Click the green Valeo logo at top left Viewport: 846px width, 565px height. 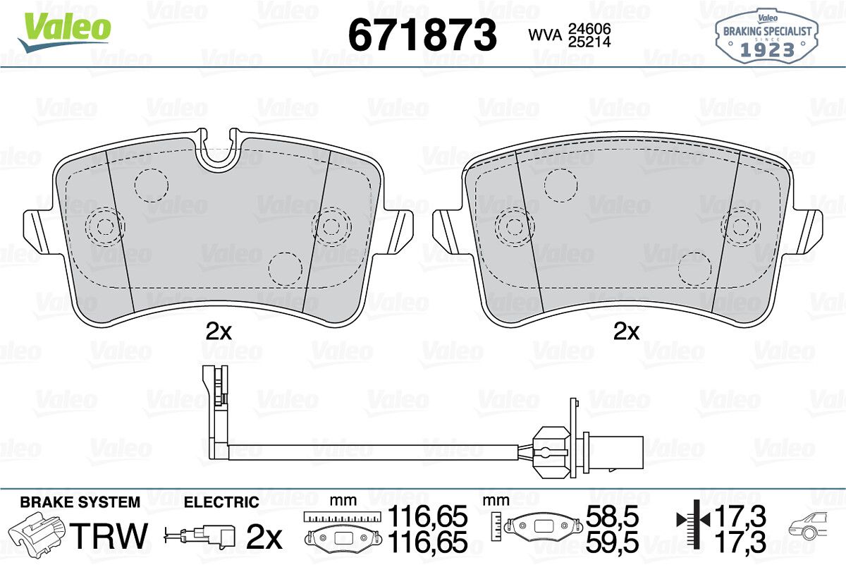coord(65,31)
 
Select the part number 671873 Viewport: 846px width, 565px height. coord(422,35)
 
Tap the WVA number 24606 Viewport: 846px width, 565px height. coord(589,29)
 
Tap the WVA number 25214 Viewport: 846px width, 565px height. coord(589,42)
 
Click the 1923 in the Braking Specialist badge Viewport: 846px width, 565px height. coord(767,50)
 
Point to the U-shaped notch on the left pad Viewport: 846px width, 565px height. coord(219,151)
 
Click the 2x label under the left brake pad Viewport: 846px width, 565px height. coord(219,332)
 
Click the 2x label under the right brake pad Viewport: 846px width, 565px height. coord(627,332)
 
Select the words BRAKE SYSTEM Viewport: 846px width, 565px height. coord(80,502)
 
